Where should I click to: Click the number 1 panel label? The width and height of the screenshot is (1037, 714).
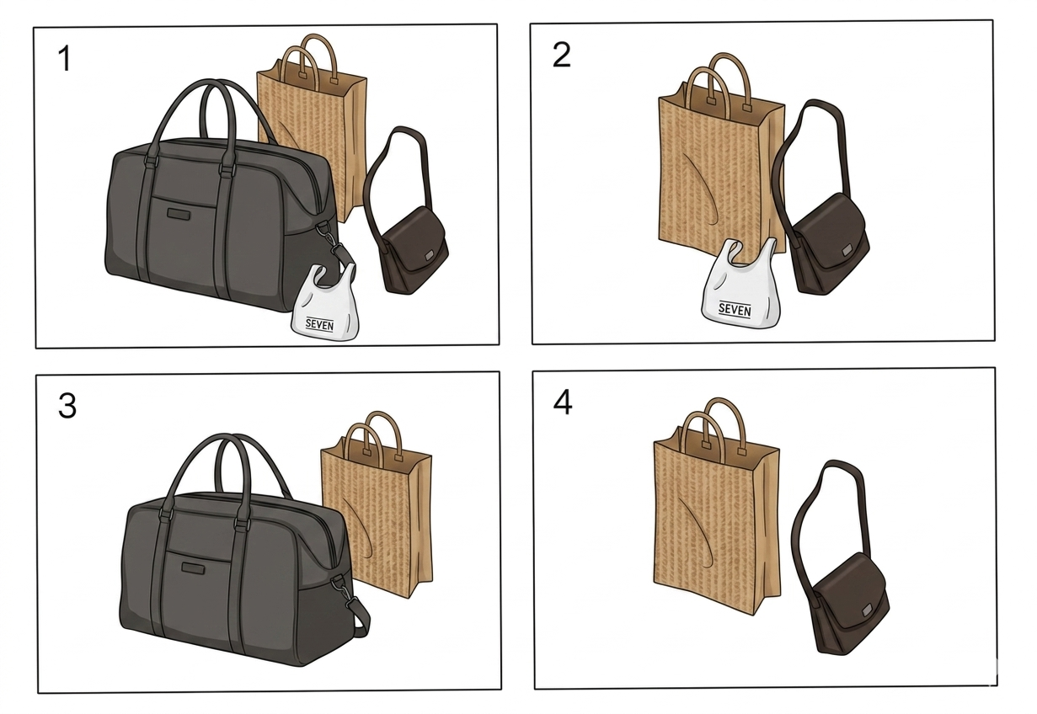tap(65, 59)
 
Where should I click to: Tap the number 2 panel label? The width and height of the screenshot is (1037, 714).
tap(562, 56)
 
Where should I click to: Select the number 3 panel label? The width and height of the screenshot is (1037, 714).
tap(67, 407)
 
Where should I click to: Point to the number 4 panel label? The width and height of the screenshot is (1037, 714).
tap(563, 402)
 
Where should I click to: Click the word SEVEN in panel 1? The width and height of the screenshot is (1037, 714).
tap(319, 325)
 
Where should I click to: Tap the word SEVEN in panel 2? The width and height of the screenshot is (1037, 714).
tap(735, 309)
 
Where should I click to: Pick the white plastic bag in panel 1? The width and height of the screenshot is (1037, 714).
tap(324, 306)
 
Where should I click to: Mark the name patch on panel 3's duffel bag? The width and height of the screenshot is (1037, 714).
tap(195, 567)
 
